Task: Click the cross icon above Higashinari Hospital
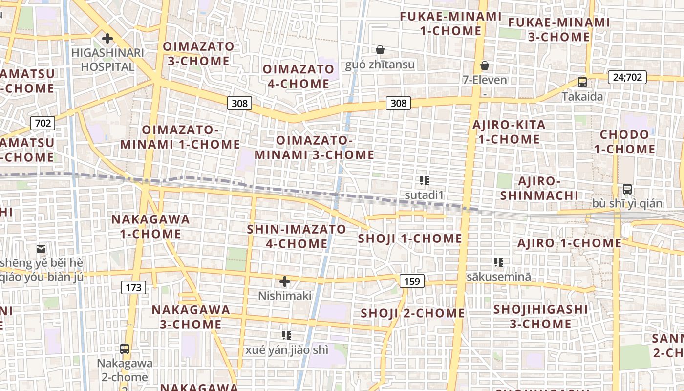tap(107, 39)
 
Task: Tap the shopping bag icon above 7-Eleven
tap(485, 65)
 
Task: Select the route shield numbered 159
tap(412, 281)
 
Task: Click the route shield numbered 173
tap(133, 287)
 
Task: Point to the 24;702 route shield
tap(627, 77)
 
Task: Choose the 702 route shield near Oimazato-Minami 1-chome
tap(43, 123)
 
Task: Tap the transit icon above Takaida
tap(582, 82)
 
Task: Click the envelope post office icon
tap(41, 249)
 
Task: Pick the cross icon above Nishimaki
tap(285, 282)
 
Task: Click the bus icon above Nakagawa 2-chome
tap(125, 348)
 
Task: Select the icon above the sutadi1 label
tap(424, 181)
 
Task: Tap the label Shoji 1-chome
tap(410, 239)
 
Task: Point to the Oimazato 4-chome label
tap(298, 76)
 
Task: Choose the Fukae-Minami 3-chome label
tap(559, 29)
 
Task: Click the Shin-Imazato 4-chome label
tap(297, 236)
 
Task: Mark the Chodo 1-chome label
tap(624, 142)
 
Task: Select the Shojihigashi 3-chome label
tap(540, 316)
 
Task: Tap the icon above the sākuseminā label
tap(498, 262)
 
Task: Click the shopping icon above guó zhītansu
tap(380, 50)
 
